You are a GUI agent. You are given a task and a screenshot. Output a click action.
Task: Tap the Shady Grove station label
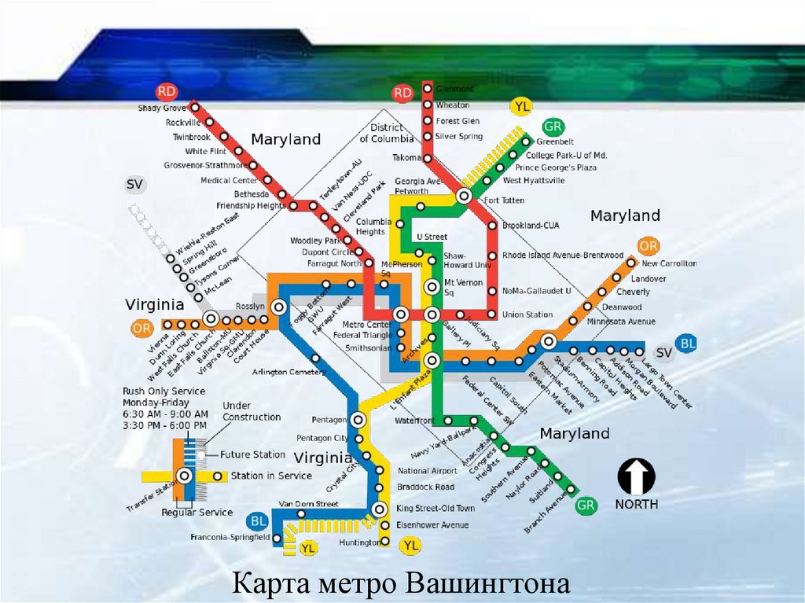162,108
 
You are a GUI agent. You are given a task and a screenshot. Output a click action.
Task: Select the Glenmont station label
454,89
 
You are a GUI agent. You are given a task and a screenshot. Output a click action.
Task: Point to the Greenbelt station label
555,142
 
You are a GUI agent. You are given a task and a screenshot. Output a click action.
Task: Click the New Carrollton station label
669,264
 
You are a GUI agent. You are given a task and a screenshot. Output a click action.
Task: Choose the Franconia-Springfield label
230,538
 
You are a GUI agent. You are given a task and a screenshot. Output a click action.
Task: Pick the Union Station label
527,315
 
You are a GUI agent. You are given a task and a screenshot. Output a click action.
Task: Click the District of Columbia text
386,133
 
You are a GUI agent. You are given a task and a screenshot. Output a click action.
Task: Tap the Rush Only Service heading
164,392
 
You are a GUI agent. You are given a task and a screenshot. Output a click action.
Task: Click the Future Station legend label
252,454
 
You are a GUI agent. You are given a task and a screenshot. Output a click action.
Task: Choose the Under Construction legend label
252,411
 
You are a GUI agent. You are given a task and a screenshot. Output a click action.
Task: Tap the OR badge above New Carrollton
649,246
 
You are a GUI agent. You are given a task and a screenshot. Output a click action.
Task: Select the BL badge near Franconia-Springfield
257,521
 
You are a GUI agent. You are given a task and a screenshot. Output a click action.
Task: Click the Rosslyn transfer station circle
278,307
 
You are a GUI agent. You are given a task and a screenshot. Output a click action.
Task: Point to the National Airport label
427,472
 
